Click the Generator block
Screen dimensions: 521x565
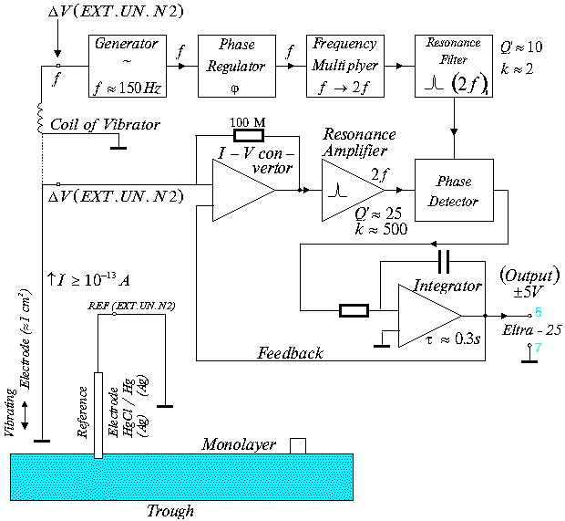(x=126, y=65)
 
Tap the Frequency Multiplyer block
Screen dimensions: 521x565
(x=344, y=65)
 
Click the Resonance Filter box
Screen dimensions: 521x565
(x=452, y=65)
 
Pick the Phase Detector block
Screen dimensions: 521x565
(x=452, y=190)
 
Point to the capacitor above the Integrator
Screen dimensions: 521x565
(x=443, y=261)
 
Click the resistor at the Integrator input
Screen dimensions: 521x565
(x=353, y=311)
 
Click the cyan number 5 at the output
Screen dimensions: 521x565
(x=539, y=312)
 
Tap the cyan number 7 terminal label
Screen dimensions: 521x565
(x=539, y=349)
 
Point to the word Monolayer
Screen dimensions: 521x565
(x=239, y=444)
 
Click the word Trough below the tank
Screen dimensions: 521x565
(x=170, y=511)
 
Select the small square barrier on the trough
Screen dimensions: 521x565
(x=298, y=444)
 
